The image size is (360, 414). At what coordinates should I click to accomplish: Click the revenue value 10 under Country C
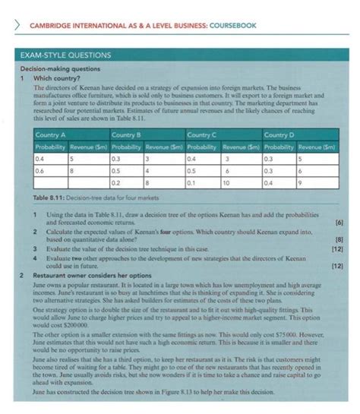pyautogui.click(x=226, y=183)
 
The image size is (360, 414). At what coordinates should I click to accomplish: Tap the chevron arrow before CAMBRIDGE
pyautogui.click(x=11, y=28)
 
